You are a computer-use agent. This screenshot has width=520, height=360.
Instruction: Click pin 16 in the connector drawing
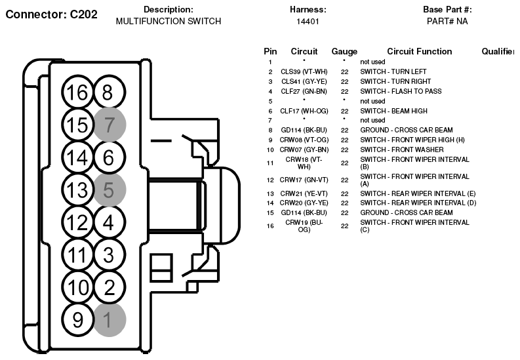point(77,92)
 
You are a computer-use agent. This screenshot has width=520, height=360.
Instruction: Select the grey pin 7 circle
point(110,125)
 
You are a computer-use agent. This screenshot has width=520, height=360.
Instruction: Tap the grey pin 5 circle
point(110,190)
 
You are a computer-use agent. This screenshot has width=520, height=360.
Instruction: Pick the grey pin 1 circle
point(110,320)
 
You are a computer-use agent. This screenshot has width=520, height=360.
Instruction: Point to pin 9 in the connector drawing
point(77,320)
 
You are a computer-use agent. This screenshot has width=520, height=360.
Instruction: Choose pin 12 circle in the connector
point(77,222)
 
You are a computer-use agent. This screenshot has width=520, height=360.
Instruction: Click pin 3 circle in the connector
point(110,254)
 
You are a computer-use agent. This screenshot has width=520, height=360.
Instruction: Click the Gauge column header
point(344,52)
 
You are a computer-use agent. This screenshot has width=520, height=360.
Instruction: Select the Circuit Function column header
point(420,51)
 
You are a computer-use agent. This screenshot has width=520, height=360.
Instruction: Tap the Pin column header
point(270,51)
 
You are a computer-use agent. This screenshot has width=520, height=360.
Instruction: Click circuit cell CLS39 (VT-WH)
point(304,72)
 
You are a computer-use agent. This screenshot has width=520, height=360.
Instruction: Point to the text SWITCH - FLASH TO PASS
point(401,91)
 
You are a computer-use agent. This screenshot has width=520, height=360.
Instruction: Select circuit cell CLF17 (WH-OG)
point(304,111)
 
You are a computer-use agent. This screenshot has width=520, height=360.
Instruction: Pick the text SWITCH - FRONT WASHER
point(402,150)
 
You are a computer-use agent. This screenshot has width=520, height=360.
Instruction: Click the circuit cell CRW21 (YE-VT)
point(304,193)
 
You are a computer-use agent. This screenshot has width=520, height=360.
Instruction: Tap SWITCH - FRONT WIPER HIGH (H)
point(412,140)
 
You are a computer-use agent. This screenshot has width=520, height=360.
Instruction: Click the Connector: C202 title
point(52,14)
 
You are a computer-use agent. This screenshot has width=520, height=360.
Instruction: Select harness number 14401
point(308,22)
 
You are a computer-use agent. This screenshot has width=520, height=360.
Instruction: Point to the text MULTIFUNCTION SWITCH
point(169,21)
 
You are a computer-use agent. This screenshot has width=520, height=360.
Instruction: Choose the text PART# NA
point(447,21)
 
